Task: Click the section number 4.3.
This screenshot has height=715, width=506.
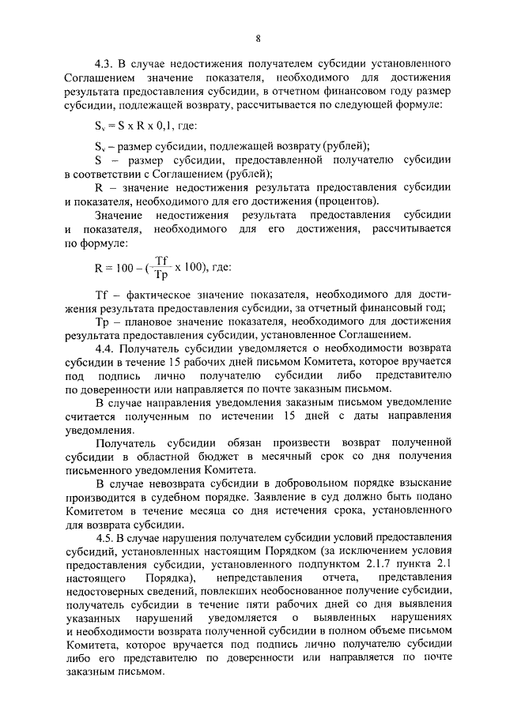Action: tap(104, 62)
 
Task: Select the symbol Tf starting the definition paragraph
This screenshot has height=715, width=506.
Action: tap(100, 295)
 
